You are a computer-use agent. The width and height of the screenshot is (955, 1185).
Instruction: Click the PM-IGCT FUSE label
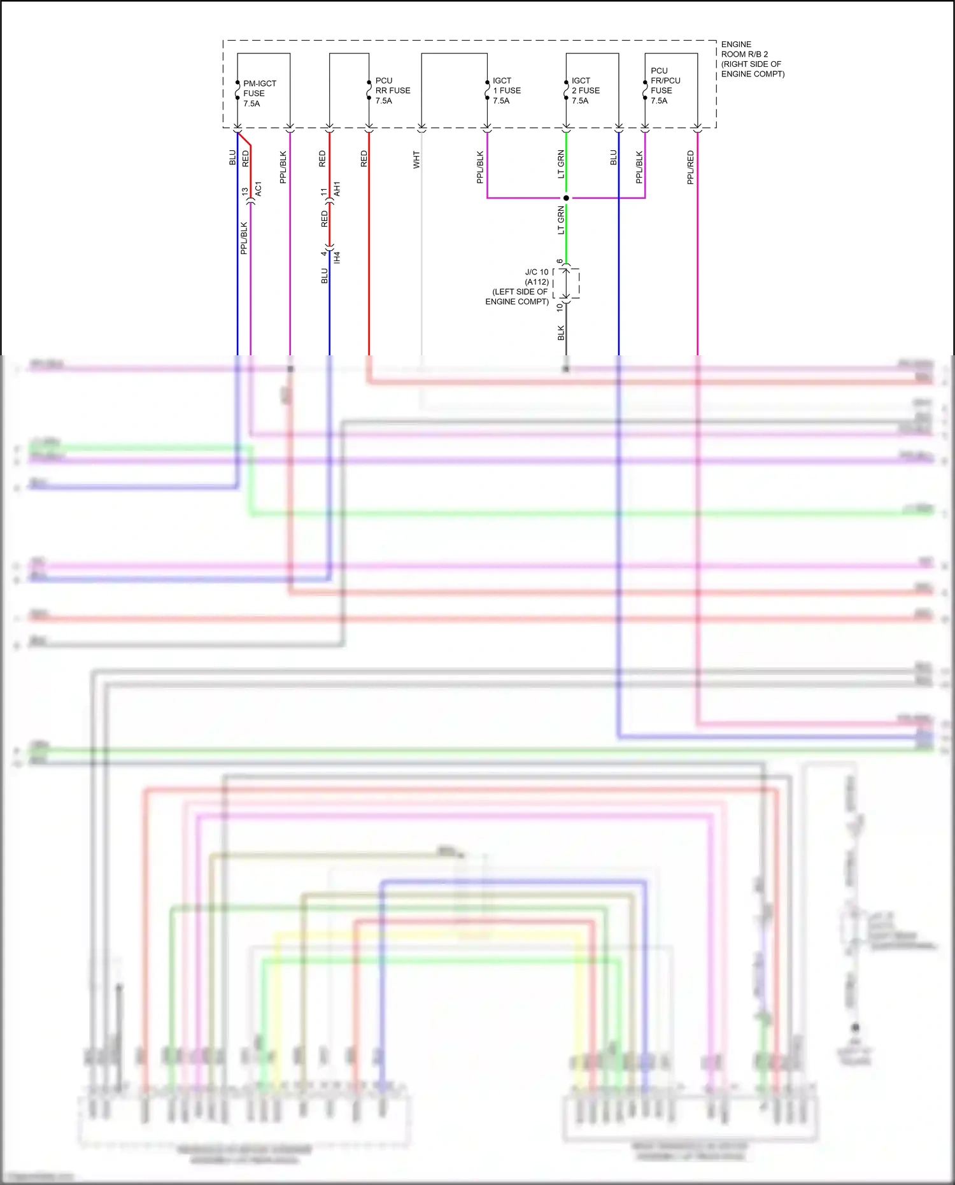(259, 93)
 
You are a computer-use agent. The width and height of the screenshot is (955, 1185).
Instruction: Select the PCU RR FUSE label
(392, 90)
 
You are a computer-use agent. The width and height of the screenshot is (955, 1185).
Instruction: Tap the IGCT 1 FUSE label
(506, 90)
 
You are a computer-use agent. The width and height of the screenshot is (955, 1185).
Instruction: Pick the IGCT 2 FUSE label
(585, 90)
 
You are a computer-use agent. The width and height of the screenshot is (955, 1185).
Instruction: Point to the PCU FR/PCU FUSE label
(665, 85)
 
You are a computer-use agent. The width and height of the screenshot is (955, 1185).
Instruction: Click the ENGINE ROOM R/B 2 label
(752, 59)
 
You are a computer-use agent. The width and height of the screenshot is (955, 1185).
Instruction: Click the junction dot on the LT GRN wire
(566, 198)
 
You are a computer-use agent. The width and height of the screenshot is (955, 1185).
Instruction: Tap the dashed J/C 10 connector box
(567, 283)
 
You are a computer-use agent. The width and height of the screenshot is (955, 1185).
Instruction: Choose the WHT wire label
(416, 159)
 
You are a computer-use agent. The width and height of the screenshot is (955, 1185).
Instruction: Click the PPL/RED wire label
(691, 167)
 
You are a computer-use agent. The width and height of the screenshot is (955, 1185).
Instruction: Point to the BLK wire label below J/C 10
(561, 332)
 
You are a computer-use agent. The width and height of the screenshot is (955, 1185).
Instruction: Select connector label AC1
(258, 189)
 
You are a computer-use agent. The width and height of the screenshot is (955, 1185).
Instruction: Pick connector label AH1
(337, 189)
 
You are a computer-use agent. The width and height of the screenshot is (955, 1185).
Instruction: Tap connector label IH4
(337, 257)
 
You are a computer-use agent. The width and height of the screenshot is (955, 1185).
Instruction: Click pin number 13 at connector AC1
(244, 191)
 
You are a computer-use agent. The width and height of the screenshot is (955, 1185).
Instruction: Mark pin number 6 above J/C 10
(560, 261)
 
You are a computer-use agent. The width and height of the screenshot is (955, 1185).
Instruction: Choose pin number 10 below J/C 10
(560, 307)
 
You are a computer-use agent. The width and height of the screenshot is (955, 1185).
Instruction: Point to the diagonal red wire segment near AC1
(244, 139)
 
